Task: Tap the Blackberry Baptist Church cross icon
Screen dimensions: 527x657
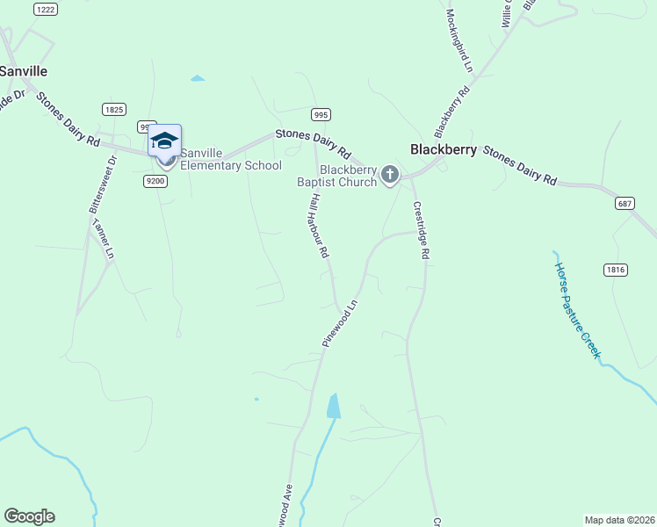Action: (391, 176)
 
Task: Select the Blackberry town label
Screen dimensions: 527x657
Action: (444, 149)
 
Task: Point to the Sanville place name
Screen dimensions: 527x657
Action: (24, 70)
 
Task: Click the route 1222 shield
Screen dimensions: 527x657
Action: (46, 9)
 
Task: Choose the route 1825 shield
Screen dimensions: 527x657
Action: (113, 110)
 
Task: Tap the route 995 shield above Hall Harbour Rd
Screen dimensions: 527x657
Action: (321, 114)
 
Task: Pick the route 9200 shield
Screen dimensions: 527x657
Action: (155, 181)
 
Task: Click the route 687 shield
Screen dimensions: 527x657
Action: (625, 204)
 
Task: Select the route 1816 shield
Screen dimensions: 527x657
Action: (616, 270)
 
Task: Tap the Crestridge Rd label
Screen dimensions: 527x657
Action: (421, 230)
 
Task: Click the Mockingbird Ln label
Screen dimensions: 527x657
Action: (459, 40)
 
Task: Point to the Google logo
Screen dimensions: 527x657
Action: (29, 516)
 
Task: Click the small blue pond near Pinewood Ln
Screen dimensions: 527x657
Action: (333, 405)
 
